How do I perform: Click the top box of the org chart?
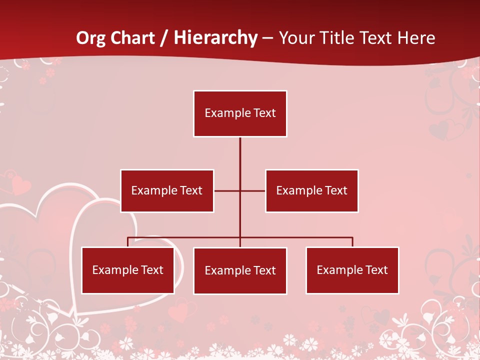tap(240, 113)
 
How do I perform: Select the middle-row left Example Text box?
tap(167, 190)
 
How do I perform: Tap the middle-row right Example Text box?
tap(311, 190)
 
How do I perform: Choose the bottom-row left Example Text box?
tap(128, 270)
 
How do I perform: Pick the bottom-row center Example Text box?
tap(240, 270)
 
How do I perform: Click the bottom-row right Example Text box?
tap(352, 270)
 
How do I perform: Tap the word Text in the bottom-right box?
tap(376, 270)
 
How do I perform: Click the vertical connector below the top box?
tap(240, 155)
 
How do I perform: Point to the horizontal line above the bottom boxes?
tap(300, 238)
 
